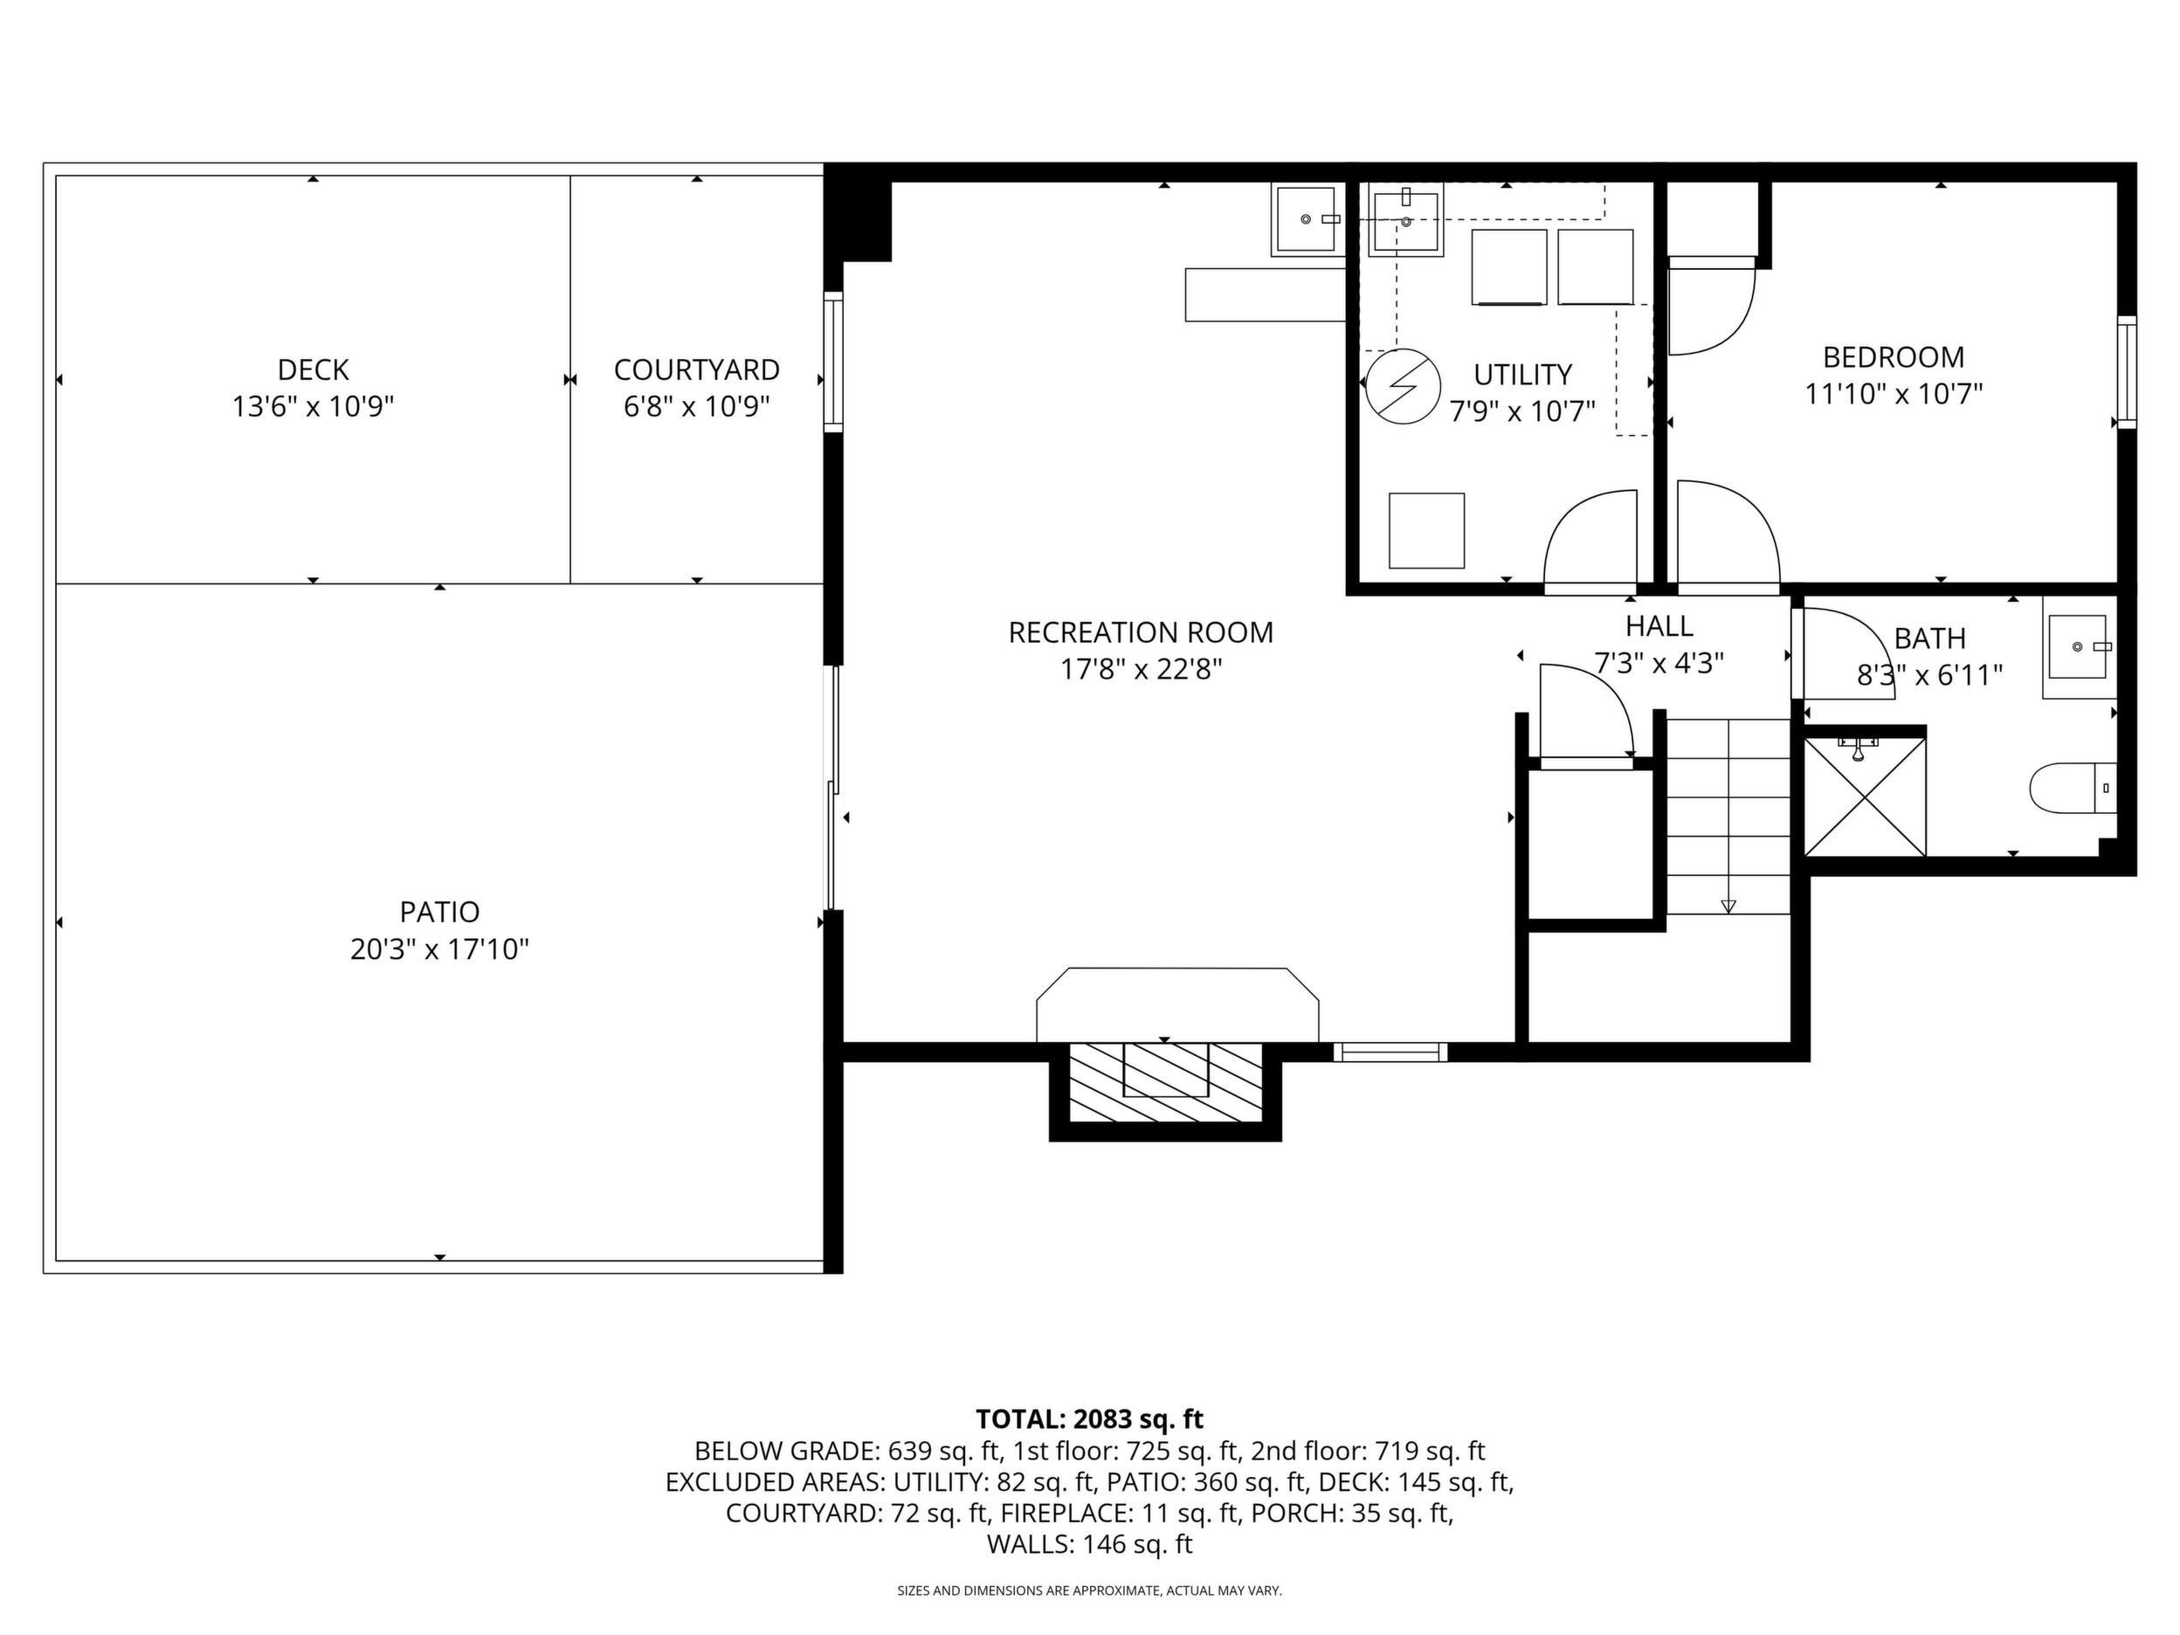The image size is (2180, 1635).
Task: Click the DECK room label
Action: [x=314, y=369]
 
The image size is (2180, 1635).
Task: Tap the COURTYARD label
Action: [x=697, y=369]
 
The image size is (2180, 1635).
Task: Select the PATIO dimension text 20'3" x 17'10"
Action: [x=439, y=949]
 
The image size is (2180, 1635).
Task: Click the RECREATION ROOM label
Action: [x=1141, y=631]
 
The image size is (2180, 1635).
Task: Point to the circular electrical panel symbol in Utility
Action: [x=1404, y=387]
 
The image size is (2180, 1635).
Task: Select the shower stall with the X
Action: [x=1865, y=797]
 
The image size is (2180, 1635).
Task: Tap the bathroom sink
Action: [x=2079, y=646]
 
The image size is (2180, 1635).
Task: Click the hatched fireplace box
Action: [x=1165, y=1080]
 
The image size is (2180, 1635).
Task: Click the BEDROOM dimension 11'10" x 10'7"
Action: [x=1894, y=394]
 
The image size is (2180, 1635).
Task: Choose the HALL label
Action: [x=1659, y=626]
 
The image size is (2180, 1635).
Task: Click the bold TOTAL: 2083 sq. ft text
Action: [x=1089, y=1419]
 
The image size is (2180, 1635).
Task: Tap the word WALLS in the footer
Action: [x=1031, y=1544]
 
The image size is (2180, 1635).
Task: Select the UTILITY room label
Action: [x=1522, y=375]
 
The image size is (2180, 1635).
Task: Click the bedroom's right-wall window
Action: [x=2127, y=373]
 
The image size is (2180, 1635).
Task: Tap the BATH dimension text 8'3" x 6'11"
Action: [x=1929, y=675]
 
